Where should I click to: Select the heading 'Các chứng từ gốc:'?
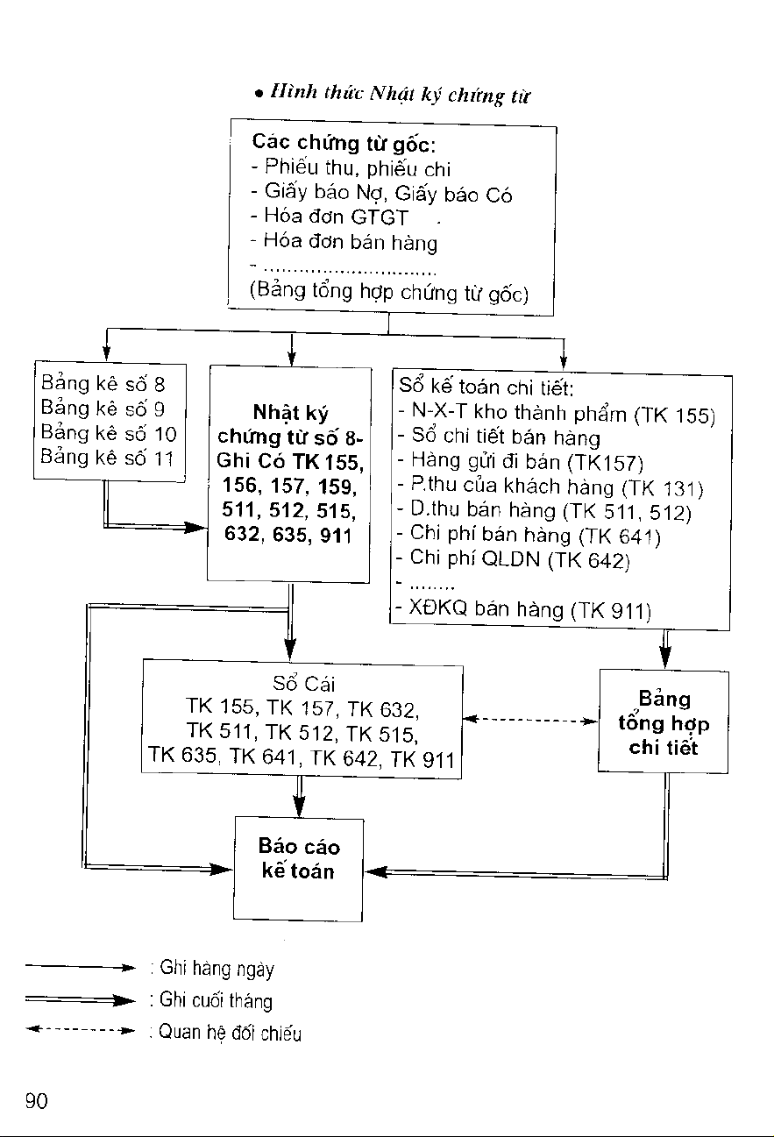[344, 143]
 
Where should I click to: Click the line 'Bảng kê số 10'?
[109, 433]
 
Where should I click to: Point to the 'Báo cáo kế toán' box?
[298, 869]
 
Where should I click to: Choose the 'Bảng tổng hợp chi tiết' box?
[664, 721]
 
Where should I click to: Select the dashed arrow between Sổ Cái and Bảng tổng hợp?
[529, 720]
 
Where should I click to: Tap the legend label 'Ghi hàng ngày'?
[217, 969]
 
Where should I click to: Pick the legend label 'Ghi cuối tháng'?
[216, 1001]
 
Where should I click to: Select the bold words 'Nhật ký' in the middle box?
[290, 412]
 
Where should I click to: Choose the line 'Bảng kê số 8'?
[103, 384]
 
